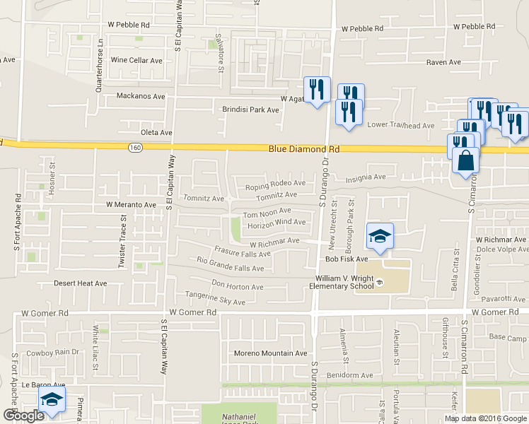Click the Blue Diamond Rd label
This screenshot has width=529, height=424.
(304, 150)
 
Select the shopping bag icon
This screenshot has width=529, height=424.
(466, 160)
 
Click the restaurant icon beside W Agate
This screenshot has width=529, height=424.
(317, 90)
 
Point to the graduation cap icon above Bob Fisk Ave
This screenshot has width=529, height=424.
(380, 236)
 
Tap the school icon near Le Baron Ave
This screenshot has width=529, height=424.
(52, 400)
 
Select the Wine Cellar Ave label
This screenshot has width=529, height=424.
(136, 61)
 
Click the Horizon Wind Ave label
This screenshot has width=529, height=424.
(277, 223)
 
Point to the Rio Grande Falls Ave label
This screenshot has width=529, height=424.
(231, 264)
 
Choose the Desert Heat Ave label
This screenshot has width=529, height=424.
(81, 283)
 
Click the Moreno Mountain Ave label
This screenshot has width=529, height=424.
(272, 353)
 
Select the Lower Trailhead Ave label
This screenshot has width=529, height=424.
(401, 126)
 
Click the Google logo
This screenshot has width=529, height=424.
(23, 416)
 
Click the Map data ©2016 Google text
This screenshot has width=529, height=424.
(484, 418)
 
